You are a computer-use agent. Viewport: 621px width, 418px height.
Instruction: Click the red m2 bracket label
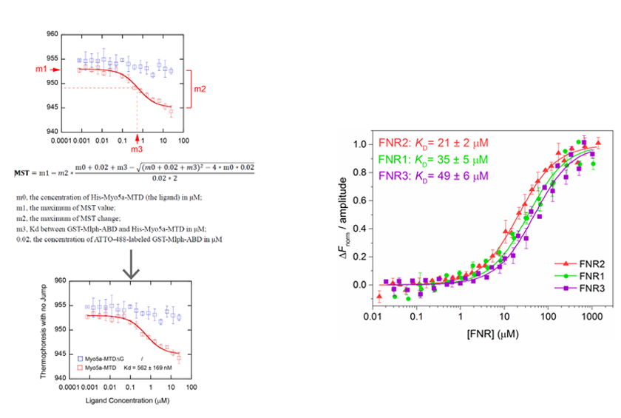pos(200,90)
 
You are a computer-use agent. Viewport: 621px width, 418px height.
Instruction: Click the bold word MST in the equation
pos(24,172)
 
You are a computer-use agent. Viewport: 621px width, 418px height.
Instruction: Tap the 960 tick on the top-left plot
pos(52,34)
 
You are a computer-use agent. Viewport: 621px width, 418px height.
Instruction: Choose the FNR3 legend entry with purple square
pos(577,287)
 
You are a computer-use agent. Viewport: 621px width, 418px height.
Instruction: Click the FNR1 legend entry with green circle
pos(577,274)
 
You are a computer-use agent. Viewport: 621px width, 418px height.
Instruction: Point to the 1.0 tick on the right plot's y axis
pos(360,144)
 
